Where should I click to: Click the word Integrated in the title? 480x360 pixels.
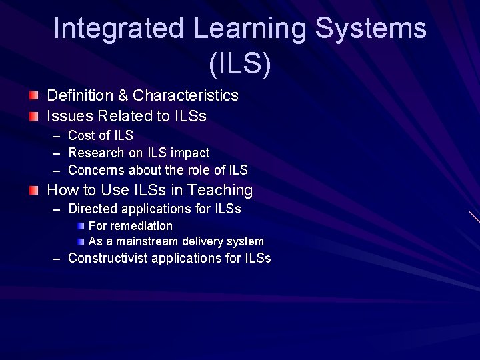(119, 29)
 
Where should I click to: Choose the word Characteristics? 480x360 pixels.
(185, 95)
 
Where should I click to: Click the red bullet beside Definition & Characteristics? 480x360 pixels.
(34, 95)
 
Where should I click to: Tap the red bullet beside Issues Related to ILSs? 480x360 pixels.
(34, 116)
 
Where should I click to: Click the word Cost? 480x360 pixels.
(82, 135)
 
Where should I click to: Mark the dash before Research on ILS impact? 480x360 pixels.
(57, 153)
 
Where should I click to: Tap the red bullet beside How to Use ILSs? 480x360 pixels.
(34, 191)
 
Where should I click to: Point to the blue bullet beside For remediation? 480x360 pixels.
(81, 226)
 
